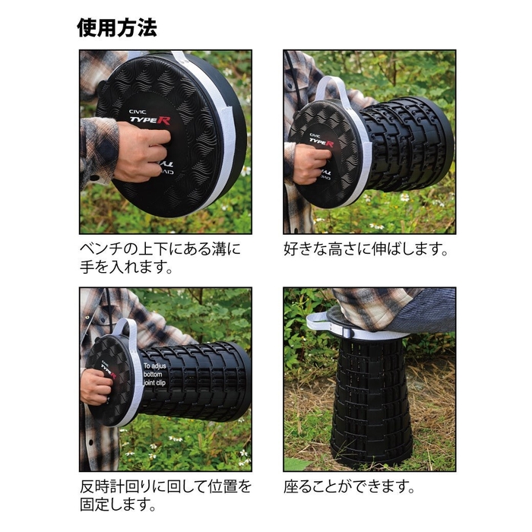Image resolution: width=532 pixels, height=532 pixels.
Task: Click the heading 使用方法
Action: (116, 28)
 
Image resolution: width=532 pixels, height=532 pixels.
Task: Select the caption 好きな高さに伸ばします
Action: (366, 249)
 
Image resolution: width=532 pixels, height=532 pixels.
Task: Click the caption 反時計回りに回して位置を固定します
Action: (165, 495)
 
